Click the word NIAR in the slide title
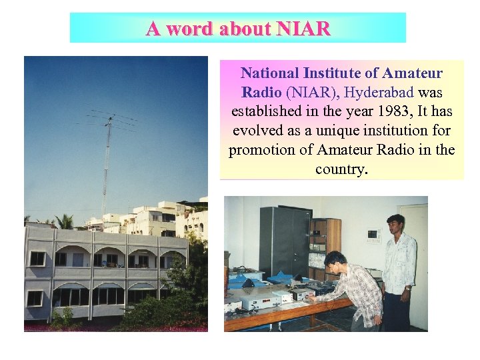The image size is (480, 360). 303,29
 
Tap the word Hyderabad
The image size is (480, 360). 378,91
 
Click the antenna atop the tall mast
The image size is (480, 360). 111,120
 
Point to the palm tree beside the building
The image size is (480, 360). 65,221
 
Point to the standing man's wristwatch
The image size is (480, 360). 406,288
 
